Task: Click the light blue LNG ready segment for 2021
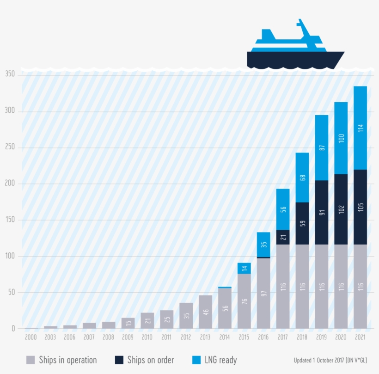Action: [x=360, y=128]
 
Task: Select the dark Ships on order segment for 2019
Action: [x=321, y=212]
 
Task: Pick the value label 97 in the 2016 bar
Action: [x=263, y=294]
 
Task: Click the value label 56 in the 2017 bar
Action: [x=283, y=209]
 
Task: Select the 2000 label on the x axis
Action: [x=31, y=337]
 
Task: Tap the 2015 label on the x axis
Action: [x=244, y=337]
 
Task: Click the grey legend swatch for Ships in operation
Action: [x=31, y=360]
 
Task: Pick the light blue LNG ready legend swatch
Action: [x=196, y=360]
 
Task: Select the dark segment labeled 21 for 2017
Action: [x=283, y=237]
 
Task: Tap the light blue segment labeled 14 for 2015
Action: [x=244, y=268]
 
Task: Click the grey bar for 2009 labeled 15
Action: [x=128, y=323]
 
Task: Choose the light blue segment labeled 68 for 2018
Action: [x=302, y=177]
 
